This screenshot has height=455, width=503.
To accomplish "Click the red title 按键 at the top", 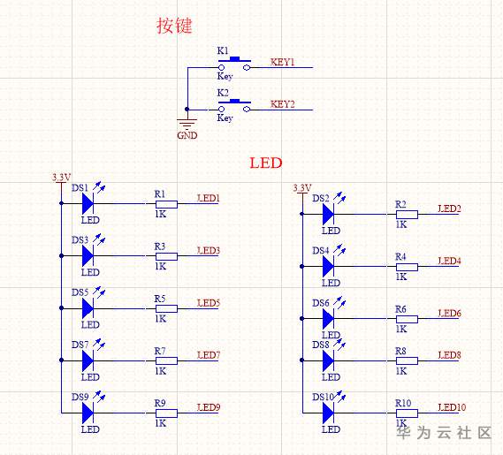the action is click(174, 26).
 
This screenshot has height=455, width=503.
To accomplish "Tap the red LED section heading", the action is click(266, 163).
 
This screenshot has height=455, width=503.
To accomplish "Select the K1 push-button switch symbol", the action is click(234, 64).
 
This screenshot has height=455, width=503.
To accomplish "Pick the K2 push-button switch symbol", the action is click(234, 106).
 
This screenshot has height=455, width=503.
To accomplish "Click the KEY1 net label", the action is click(282, 62).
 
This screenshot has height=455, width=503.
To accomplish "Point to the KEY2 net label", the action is click(282, 104).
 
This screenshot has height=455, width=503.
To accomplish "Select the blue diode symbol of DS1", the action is click(88, 203).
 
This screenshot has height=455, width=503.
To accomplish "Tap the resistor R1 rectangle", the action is click(166, 204).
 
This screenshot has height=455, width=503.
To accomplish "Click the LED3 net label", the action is click(209, 250).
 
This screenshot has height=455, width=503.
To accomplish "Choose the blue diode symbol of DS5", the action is click(88, 308).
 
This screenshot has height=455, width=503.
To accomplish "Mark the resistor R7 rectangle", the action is click(166, 360).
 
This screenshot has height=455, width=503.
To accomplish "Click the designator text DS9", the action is click(80, 397).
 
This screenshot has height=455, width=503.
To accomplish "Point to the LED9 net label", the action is click(209, 407).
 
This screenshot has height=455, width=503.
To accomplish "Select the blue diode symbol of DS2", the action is click(328, 214).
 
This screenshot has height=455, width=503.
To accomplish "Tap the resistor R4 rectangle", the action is click(407, 267).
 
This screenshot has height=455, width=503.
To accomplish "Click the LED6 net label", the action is click(449, 314).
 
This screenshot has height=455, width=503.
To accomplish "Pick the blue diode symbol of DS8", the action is click(328, 360).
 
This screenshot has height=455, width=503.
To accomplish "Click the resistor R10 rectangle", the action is click(407, 413).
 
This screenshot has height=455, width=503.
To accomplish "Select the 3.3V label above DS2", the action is click(301, 188).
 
